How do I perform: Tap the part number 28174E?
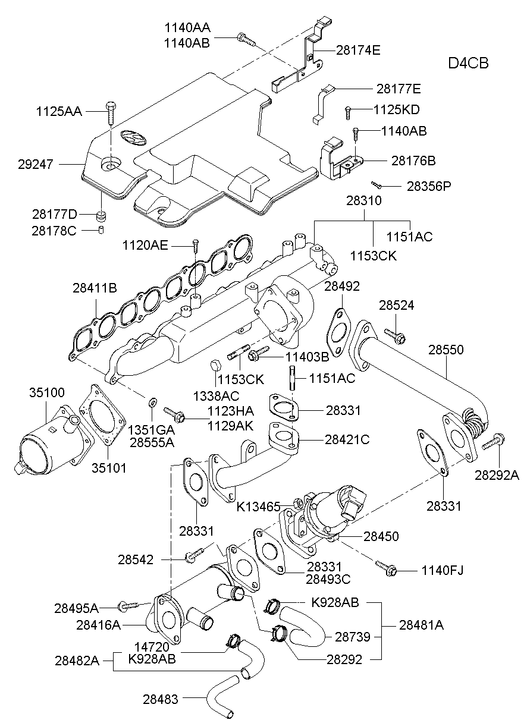coord(357,51)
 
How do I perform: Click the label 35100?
coord(47,393)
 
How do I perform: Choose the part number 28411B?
coord(95,288)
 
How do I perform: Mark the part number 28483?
coord(160,700)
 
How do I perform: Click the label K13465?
coord(258,507)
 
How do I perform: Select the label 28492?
coord(342,287)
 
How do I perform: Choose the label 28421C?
coord(347,440)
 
